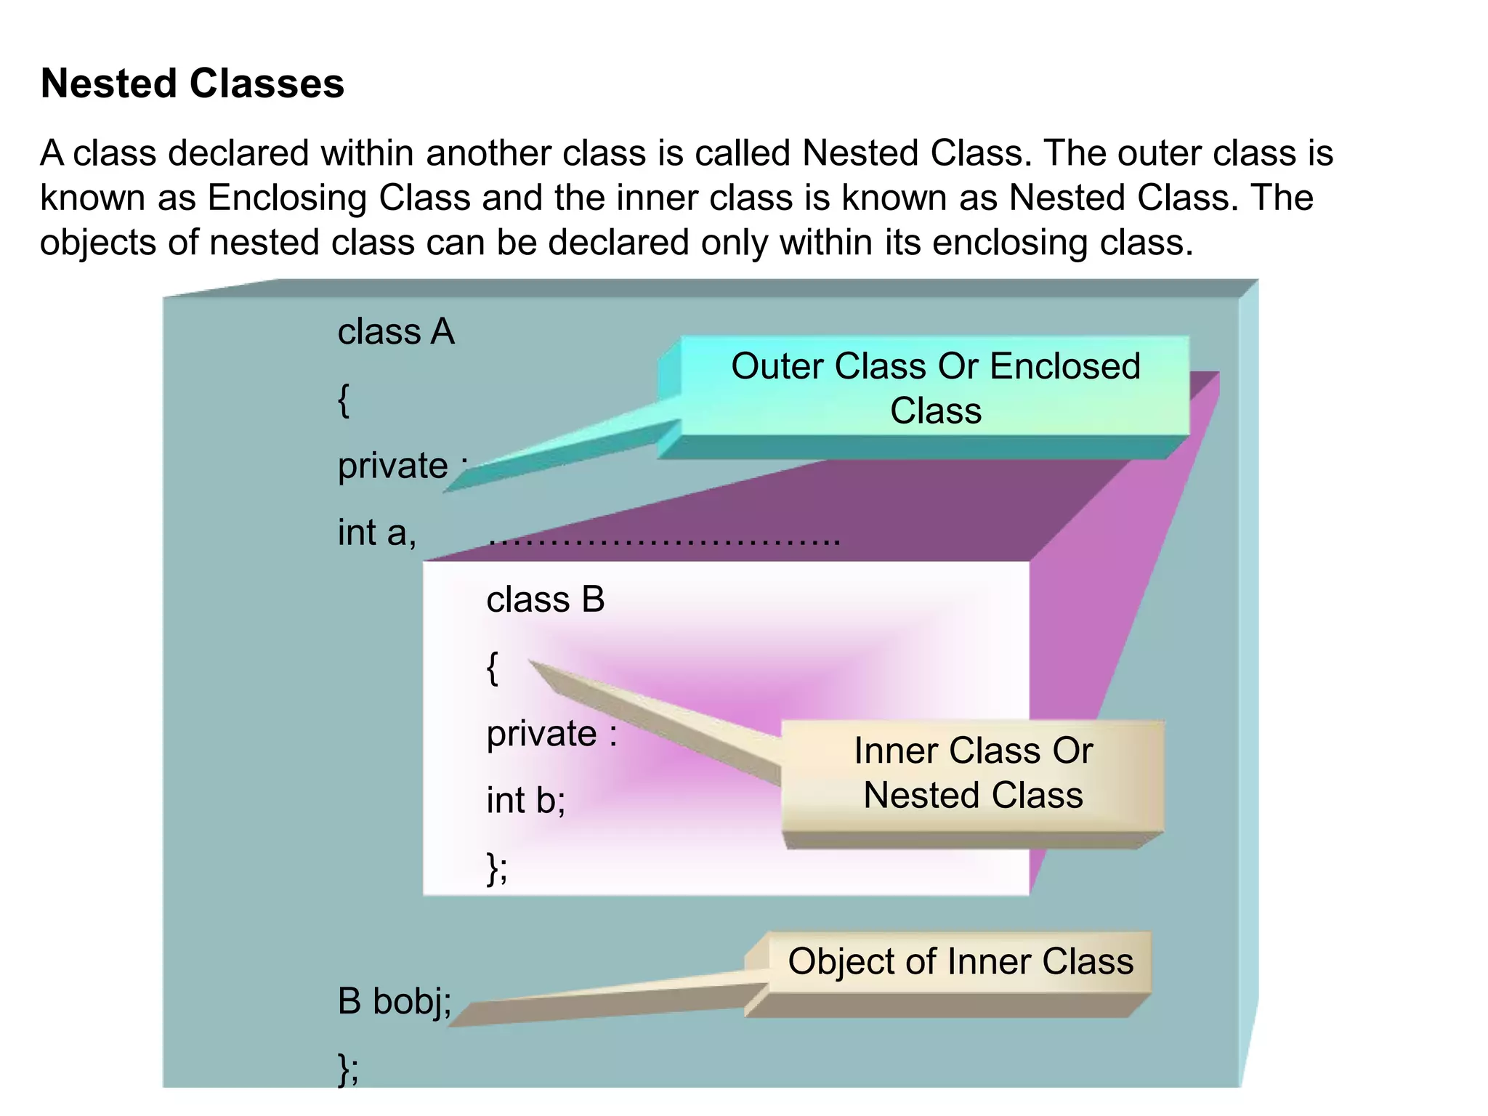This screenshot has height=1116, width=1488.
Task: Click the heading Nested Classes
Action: pos(192,84)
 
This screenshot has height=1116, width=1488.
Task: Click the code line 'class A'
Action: pos(396,332)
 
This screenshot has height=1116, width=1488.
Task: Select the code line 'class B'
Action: pos(545,600)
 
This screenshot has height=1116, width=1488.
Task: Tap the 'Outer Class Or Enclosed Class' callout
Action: pos(935,388)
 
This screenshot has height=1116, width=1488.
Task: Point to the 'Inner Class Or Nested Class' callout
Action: pos(973,773)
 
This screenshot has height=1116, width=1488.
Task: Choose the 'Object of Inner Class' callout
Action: pos(960,962)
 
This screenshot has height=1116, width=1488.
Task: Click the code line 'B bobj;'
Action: pos(395,1001)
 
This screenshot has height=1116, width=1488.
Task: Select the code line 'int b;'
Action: pos(525,801)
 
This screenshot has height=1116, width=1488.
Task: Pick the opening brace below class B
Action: pos(493,667)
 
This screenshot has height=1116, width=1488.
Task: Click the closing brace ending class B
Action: pos(497,868)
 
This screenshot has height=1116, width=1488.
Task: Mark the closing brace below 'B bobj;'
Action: pos(348,1069)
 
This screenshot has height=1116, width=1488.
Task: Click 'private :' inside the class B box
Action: pos(551,734)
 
